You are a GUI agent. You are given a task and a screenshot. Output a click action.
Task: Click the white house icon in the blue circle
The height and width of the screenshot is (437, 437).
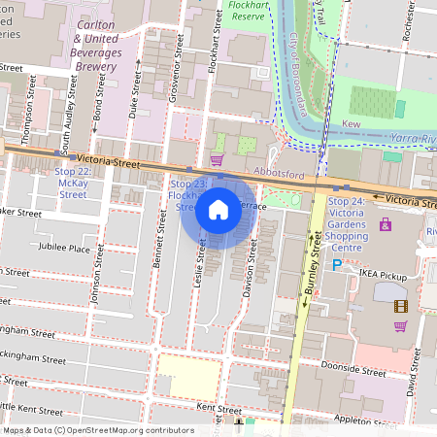tap(218, 210)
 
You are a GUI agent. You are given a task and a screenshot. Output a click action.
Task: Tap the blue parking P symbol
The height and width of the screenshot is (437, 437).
tap(337, 263)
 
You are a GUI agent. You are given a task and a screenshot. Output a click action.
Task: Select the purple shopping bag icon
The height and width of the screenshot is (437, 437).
tap(386, 224)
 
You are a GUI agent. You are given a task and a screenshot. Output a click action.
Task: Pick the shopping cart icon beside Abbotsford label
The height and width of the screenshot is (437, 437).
tap(216, 159)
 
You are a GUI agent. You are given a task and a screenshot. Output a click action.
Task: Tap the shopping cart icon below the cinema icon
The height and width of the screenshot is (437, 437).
tap(400, 325)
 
